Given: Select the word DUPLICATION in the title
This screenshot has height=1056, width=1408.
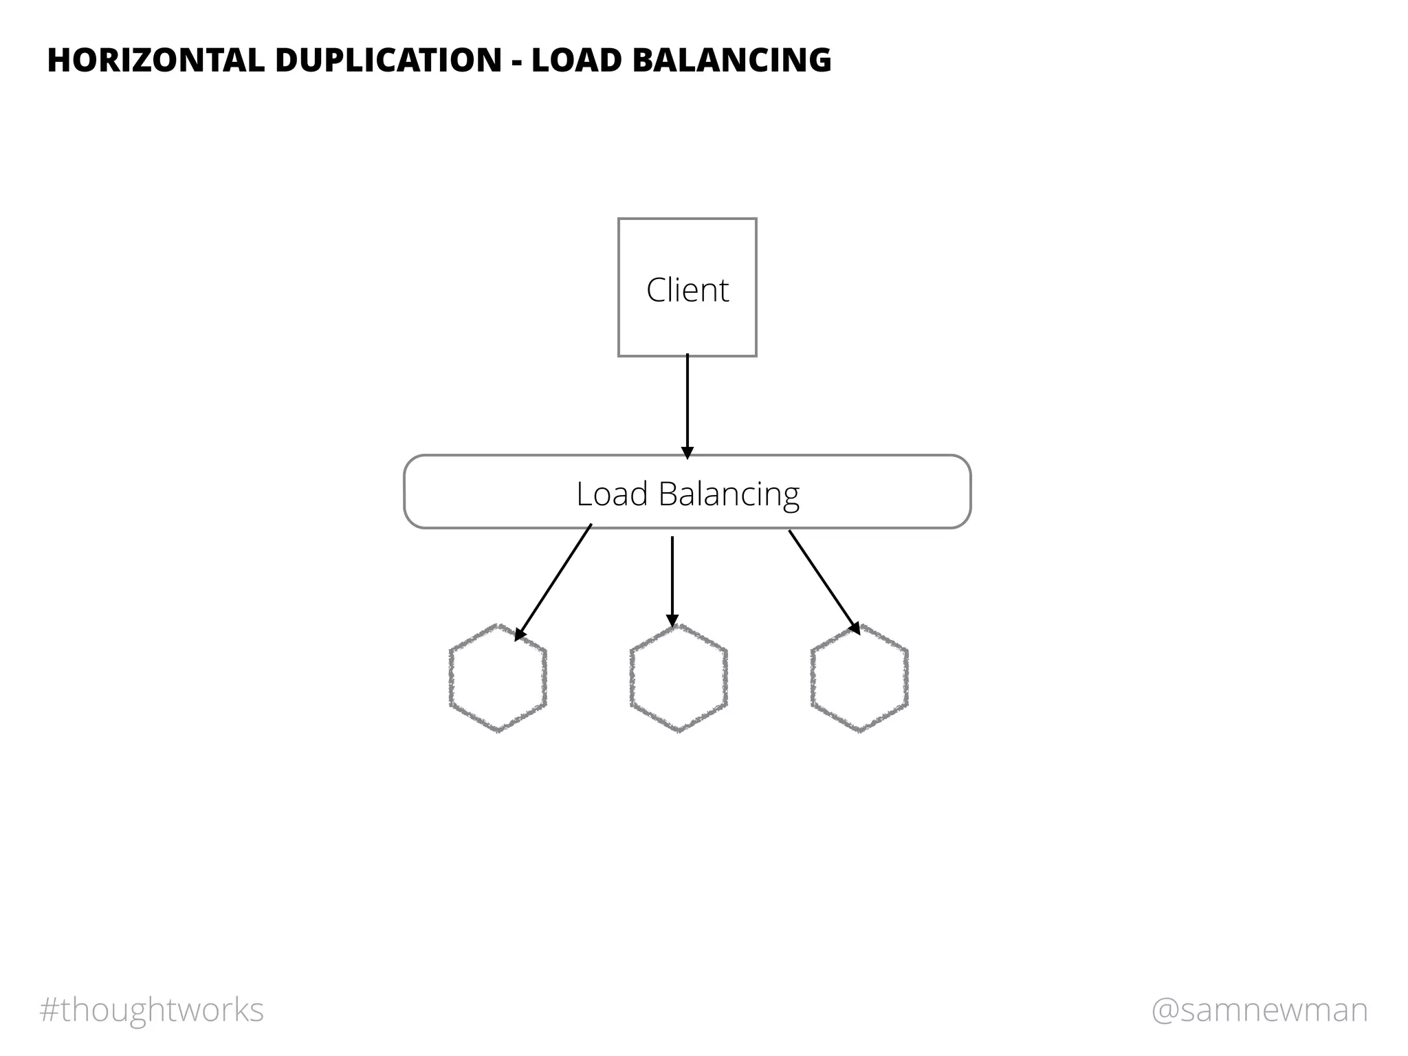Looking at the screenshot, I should click(x=388, y=60).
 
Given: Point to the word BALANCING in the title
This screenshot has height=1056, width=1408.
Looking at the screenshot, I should click(x=731, y=60).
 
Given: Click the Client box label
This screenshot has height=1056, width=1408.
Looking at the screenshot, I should click(x=687, y=290).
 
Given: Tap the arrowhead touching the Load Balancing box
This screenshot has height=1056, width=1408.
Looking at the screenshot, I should click(x=687, y=452).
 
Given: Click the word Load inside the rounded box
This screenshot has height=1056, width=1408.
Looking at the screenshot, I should click(x=612, y=494).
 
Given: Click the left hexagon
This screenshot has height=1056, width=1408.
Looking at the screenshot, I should click(x=498, y=678).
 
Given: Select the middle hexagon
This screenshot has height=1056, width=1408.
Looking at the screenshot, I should click(x=679, y=678).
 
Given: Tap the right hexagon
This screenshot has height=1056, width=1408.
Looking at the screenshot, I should click(x=859, y=678).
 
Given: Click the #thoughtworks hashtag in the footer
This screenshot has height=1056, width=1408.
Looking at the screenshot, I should click(x=152, y=1010).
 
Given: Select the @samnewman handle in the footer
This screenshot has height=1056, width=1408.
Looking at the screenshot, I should click(x=1259, y=1010).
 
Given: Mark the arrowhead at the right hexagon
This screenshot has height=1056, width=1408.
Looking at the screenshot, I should click(x=855, y=627).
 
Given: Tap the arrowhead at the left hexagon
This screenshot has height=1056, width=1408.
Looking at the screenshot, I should click(x=520, y=634).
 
